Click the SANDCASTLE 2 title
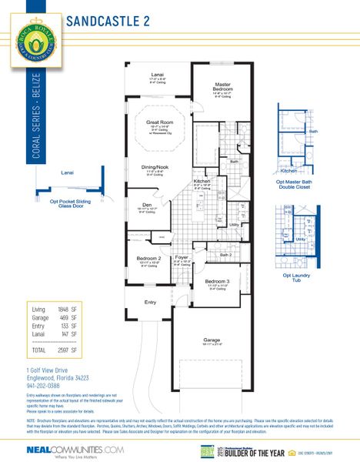pyautogui.click(x=108, y=21)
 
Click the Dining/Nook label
pyautogui.click(x=155, y=167)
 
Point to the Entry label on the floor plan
pyautogui.click(x=151, y=302)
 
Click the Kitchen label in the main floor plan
pyautogui.click(x=202, y=181)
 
